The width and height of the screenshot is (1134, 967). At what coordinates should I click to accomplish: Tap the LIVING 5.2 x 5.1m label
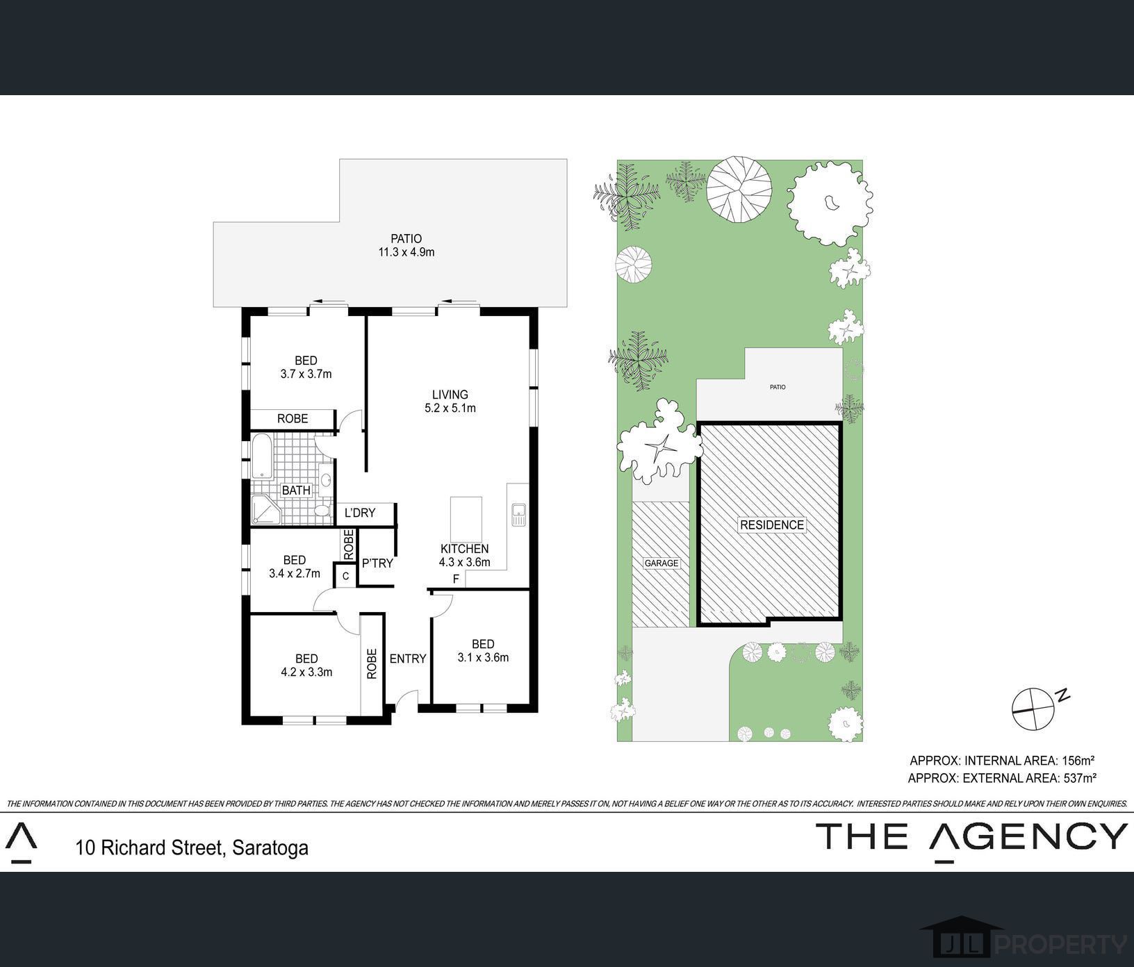(450, 402)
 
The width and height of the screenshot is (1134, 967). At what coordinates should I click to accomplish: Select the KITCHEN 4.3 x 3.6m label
(465, 556)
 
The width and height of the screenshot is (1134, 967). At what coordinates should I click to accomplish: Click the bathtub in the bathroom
(262, 457)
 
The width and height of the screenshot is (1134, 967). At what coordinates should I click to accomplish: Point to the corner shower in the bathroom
(265, 511)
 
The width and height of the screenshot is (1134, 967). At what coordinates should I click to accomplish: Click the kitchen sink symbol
(518, 514)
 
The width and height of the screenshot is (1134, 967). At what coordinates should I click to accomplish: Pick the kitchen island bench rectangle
(466, 519)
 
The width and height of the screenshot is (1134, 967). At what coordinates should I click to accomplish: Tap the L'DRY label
(360, 513)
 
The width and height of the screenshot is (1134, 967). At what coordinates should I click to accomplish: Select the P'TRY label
(377, 563)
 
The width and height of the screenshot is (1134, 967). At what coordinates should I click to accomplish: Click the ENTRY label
(407, 659)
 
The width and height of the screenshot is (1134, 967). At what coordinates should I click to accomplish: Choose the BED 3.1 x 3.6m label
(483, 651)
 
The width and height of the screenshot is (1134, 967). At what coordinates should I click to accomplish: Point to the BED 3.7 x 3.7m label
(306, 367)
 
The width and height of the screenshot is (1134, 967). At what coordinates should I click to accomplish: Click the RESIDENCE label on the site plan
(772, 525)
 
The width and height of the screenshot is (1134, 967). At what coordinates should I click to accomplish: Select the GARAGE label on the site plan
(661, 563)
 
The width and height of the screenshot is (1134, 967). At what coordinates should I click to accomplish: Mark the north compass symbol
(1033, 709)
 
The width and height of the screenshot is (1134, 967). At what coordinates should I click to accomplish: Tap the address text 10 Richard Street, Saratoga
(192, 848)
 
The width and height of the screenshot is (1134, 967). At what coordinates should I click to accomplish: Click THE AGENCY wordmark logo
(972, 838)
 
